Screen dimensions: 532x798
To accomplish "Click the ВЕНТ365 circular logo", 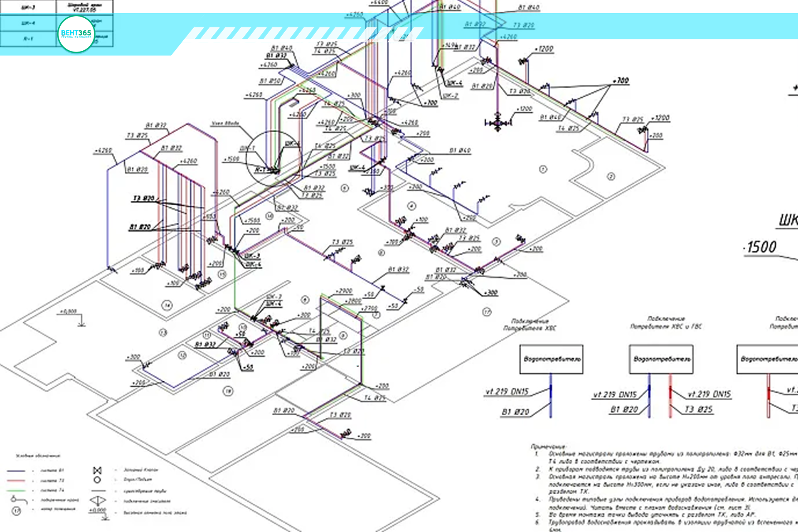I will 76,34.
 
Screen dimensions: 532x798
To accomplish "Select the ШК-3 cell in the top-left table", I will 28,7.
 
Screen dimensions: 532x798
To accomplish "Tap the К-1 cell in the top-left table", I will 28,39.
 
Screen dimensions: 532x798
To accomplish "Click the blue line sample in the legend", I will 16,471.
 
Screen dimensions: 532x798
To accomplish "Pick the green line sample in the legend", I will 16,490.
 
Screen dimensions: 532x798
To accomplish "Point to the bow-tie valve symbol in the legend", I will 97,470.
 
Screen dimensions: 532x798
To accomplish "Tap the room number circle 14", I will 167,305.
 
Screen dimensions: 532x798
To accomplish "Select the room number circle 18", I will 228,391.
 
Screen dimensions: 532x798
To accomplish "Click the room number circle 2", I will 611,176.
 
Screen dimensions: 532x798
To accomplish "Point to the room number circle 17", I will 487,312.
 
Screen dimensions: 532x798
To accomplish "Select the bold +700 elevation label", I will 621,80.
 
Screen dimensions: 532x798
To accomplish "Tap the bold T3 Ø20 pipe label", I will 143,199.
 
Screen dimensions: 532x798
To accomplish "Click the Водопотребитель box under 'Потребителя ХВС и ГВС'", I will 661,359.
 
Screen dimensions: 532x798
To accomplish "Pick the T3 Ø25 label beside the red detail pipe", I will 698,409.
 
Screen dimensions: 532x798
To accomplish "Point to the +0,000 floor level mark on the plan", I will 69,311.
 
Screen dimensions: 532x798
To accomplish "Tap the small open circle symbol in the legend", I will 97,480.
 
